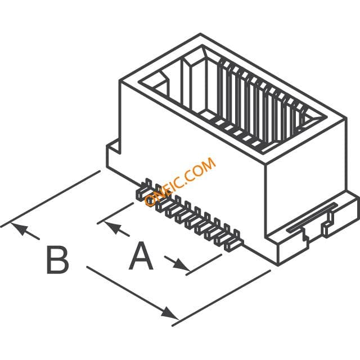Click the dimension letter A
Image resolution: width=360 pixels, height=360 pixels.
tap(141, 255)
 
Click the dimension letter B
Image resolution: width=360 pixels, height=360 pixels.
tap(57, 260)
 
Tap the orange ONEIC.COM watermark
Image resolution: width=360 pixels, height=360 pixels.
tap(180, 181)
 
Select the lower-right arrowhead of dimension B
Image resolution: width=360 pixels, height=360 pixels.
tap(170, 313)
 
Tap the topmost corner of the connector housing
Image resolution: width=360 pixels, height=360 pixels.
tap(200, 34)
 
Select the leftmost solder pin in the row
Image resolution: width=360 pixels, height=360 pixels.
tap(143, 190)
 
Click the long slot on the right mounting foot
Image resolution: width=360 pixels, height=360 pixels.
tap(313, 217)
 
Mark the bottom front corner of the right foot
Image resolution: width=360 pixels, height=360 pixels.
tap(278, 264)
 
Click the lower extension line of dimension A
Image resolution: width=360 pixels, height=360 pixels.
tap(204, 264)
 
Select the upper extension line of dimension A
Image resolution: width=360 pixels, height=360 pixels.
tap(115, 213)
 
